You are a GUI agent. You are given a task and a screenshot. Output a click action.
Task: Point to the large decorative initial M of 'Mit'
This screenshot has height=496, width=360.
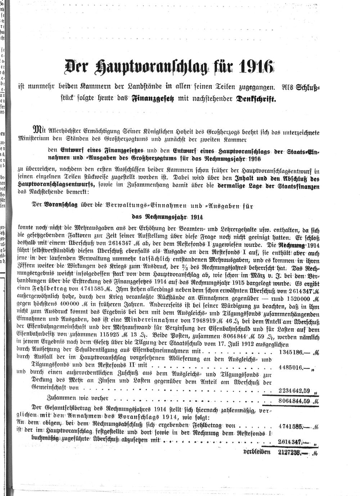[x=37, y=129]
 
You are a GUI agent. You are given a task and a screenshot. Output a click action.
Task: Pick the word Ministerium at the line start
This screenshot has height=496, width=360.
[x=32, y=139]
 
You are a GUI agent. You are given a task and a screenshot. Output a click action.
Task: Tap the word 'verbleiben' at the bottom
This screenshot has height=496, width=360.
[x=257, y=451]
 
